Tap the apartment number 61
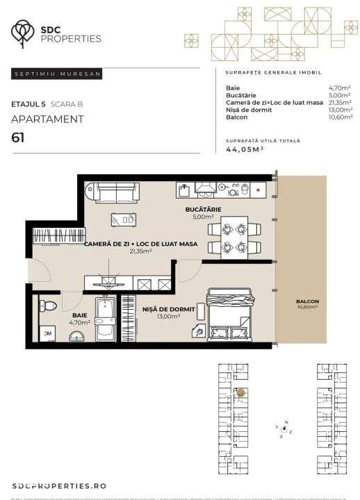18,137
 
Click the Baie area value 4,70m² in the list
340,88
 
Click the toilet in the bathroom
49,306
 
